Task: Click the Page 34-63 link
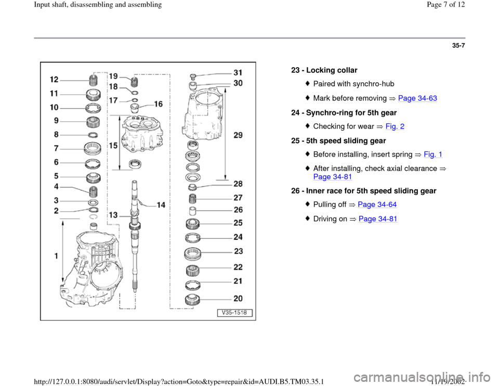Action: coord(417,98)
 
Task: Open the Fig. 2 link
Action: coord(395,126)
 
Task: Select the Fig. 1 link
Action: coord(433,155)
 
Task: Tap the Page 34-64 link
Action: coord(377,204)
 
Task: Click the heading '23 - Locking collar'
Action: coord(324,70)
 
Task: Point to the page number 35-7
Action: coord(458,46)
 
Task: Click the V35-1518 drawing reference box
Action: coord(234,313)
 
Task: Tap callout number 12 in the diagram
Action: coord(55,79)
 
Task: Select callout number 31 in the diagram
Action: coord(238,73)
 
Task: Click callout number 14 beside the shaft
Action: coord(161,205)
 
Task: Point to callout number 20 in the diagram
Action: coord(238,299)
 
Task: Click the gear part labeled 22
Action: coord(192,271)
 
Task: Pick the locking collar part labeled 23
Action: coord(192,254)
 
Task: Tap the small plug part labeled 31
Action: coord(192,76)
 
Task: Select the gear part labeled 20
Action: coord(192,300)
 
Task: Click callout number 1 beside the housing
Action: coord(56,256)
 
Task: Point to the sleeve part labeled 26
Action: coord(192,211)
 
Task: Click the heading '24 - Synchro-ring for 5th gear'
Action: coord(344,113)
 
